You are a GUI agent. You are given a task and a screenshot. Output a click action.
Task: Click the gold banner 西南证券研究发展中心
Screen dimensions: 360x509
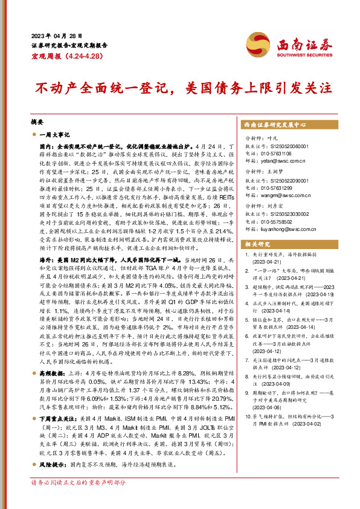tap(275, 125)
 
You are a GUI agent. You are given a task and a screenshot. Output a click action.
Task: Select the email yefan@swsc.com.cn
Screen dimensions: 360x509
tap(278, 161)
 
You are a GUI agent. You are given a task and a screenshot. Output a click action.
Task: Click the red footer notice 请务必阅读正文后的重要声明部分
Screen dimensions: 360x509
tap(79, 500)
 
